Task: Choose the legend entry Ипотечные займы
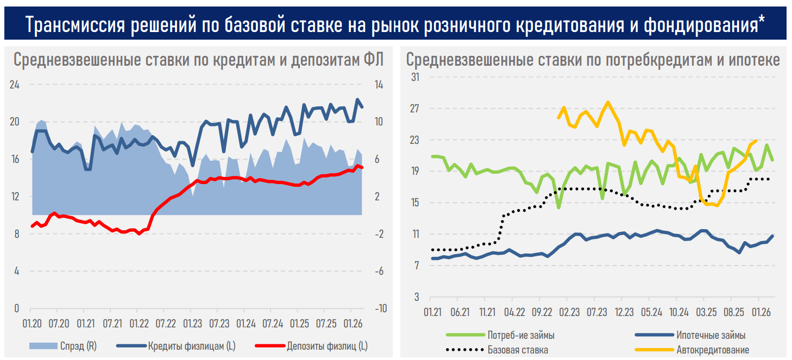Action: (x=711, y=335)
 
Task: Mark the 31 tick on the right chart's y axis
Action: (x=415, y=77)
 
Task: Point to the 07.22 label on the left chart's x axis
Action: (x=166, y=324)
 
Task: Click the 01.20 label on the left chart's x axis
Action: (x=32, y=324)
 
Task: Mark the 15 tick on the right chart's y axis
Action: (x=415, y=203)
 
